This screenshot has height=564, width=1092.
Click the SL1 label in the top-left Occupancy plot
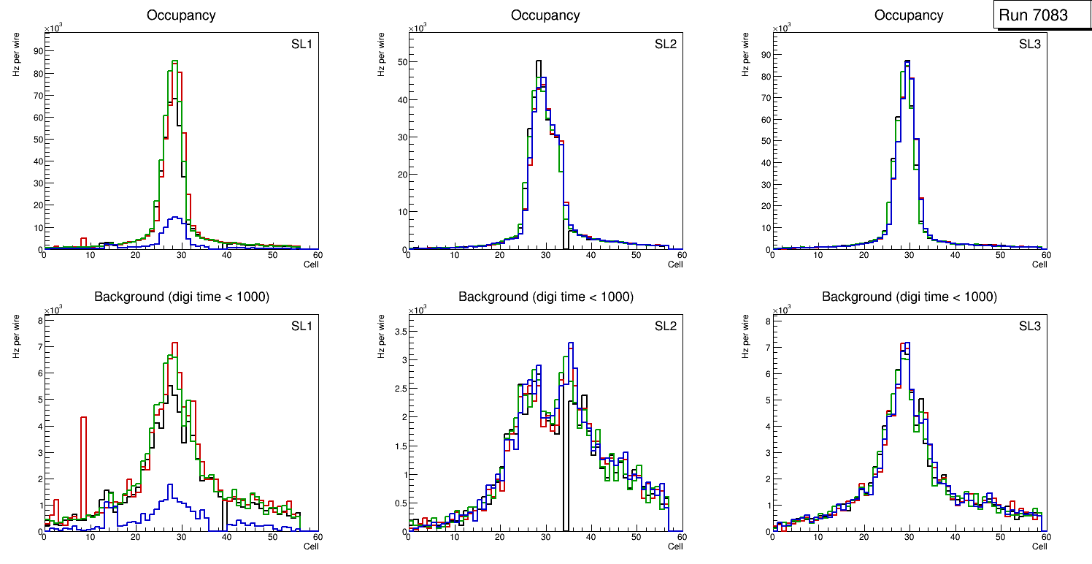pyautogui.click(x=301, y=45)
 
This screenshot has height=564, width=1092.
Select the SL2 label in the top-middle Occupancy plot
pyautogui.click(x=665, y=45)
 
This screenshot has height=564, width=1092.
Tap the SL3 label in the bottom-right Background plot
pyautogui.click(x=1029, y=325)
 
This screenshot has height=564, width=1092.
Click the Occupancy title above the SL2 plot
pyautogui.click(x=545, y=15)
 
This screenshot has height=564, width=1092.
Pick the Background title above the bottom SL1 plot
pyautogui.click(x=182, y=297)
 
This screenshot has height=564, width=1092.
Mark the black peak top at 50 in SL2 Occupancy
pyautogui.click(x=538, y=61)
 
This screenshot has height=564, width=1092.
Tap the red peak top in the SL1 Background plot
pyautogui.click(x=174, y=343)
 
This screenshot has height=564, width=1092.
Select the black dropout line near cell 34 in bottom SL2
pyautogui.click(x=565, y=468)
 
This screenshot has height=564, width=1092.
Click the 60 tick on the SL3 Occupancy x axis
pyautogui.click(x=1045, y=255)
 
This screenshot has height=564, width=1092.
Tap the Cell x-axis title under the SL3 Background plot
pyautogui.click(x=1039, y=546)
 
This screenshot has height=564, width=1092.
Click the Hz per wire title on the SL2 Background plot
pyautogui.click(x=380, y=336)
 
